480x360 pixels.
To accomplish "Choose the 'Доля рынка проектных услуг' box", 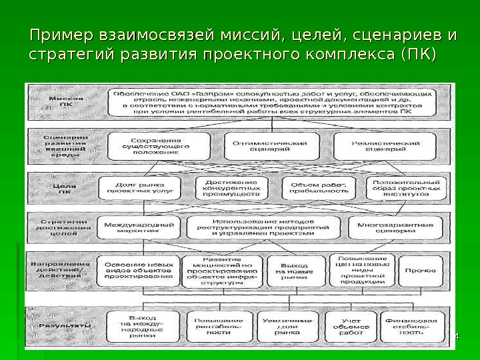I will (138, 187).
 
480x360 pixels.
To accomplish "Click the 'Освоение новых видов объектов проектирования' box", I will (138, 270).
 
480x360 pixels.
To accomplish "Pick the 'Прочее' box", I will (421, 270).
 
